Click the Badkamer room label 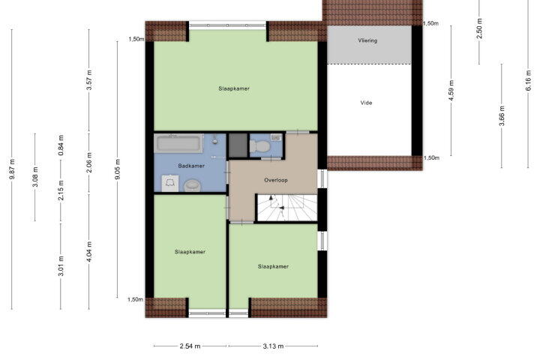(191, 166)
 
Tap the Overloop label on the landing (275, 180)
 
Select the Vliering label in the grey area (367, 40)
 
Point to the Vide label (366, 103)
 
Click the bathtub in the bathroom (178, 143)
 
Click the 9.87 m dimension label (12, 169)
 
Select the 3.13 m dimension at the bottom (273, 346)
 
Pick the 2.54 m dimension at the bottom (190, 346)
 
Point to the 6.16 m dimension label (528, 80)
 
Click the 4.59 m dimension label (451, 91)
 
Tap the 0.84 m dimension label (61, 145)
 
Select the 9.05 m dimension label (118, 169)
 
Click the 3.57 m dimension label (89, 80)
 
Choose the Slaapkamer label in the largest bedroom (234, 88)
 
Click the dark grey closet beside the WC (238, 145)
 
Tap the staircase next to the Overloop (287, 208)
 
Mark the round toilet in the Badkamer (191, 185)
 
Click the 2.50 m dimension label (479, 28)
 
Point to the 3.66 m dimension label (502, 115)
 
